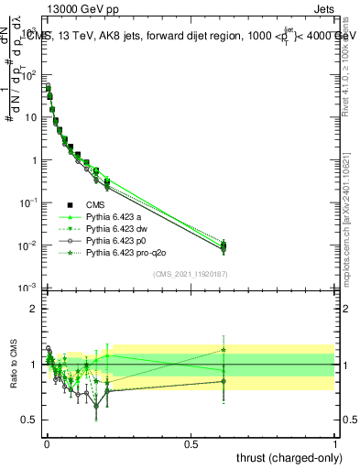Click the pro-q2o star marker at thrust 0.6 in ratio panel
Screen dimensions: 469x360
(224, 349)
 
